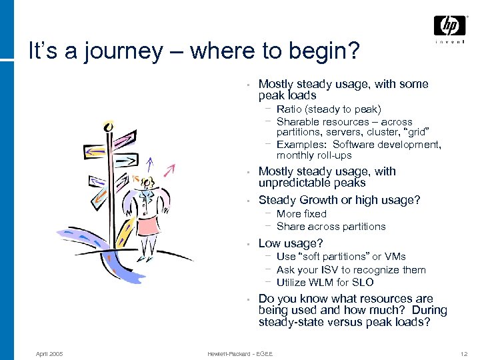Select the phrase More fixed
click(301, 214)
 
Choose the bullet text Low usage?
click(290, 243)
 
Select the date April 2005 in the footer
click(49, 353)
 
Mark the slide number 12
click(464, 353)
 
